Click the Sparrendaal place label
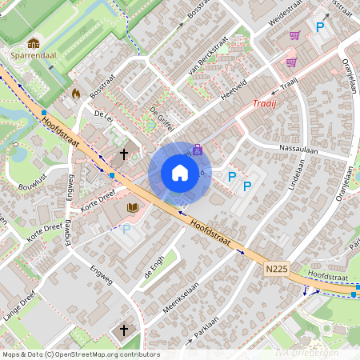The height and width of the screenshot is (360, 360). (34, 57)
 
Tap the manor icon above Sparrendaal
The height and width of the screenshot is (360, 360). (34, 43)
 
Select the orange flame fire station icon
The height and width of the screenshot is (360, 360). (76, 93)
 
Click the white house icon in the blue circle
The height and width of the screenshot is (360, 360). (180, 172)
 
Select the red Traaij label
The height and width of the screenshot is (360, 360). (264, 103)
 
